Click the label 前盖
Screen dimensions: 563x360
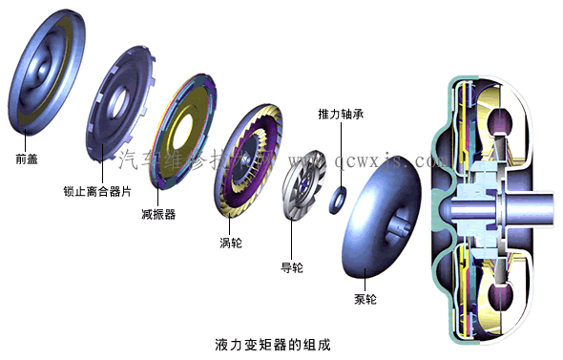coord(27,159)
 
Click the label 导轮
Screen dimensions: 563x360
coord(291,266)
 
